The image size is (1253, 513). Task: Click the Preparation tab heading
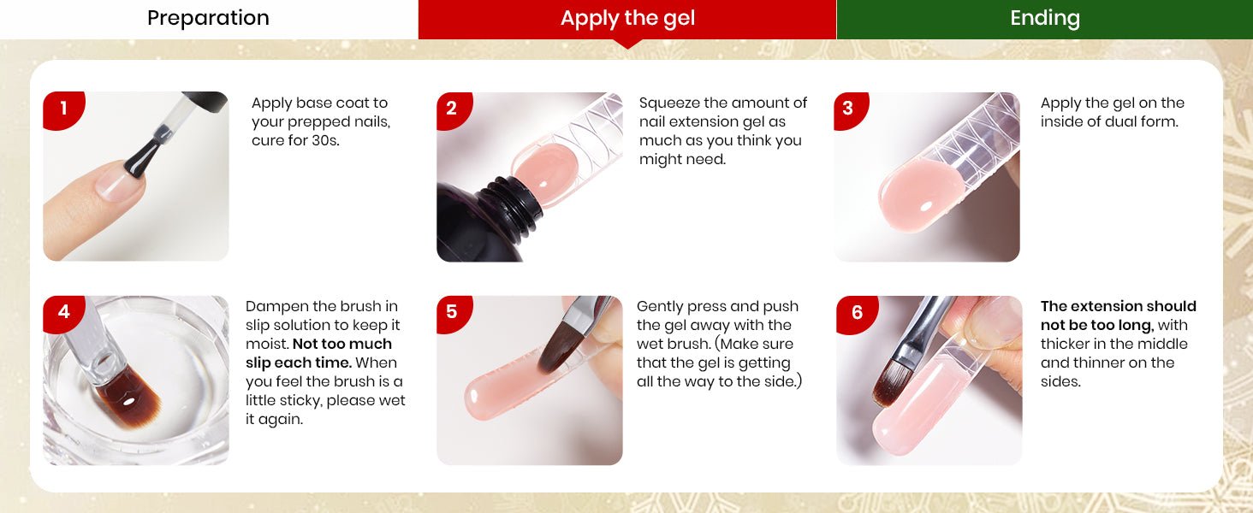coord(208,18)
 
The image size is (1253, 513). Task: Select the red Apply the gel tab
coord(627,20)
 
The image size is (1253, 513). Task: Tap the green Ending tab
coord(1044,20)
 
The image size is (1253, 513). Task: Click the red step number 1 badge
coord(63,109)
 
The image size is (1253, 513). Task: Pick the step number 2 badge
coord(454,109)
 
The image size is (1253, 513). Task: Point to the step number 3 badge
coord(850,109)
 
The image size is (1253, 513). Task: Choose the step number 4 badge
coord(63,313)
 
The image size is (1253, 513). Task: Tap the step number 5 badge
coord(454,313)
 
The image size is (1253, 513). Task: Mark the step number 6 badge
coord(857,314)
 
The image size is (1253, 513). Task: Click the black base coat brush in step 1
coord(143,157)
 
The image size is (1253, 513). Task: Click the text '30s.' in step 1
coord(325,141)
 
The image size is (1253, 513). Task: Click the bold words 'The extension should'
coord(1118,306)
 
